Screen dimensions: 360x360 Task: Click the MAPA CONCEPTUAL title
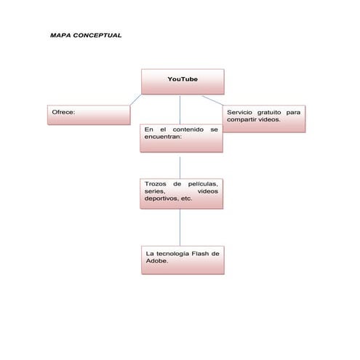86,35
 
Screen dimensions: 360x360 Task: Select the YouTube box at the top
182,81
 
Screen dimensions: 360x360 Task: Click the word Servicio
241,113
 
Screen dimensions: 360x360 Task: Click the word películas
203,185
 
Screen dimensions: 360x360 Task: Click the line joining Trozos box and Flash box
180,228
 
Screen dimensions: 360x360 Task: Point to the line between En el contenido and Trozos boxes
180,165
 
